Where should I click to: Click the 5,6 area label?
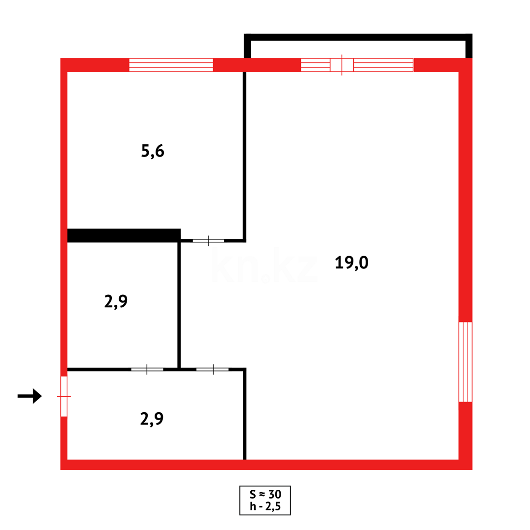(x=152, y=151)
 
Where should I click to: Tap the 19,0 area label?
(x=351, y=263)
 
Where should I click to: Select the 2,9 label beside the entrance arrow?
(x=152, y=419)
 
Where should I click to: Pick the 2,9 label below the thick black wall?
(x=116, y=301)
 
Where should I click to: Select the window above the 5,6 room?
(x=171, y=65)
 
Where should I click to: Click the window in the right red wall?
(x=465, y=362)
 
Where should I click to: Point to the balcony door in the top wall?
(x=342, y=65)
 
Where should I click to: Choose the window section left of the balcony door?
(x=315, y=65)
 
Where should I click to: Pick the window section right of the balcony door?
(x=383, y=65)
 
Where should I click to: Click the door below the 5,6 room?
(x=208, y=240)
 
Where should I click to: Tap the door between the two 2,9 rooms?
(x=147, y=369)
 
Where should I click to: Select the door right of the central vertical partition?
(x=212, y=369)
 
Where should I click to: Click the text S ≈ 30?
(x=265, y=494)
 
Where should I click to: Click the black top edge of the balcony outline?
(x=358, y=37)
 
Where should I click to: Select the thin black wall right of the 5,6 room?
(x=244, y=155)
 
